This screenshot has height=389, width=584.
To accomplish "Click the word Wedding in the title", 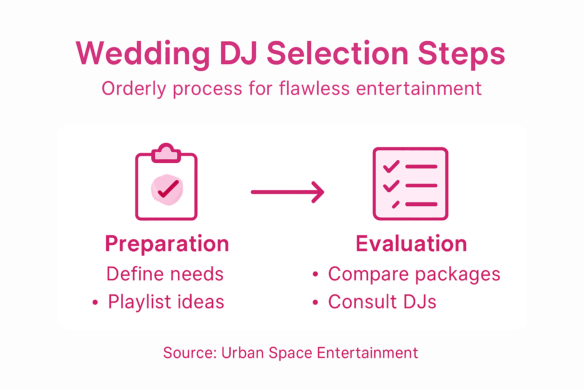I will [x=143, y=54].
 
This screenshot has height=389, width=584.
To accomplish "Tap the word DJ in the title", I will [x=238, y=54].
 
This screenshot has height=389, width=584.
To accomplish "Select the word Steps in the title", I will [x=461, y=54].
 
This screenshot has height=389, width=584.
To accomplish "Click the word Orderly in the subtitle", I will [x=134, y=89].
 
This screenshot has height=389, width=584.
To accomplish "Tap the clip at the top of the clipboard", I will [x=166, y=153].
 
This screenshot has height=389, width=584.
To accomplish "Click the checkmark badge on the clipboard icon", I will [x=167, y=189].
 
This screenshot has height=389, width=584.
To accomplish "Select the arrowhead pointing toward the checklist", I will [x=318, y=192].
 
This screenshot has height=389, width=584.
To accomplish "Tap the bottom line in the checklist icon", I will [x=421, y=204].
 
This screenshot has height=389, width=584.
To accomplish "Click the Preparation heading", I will [x=167, y=244].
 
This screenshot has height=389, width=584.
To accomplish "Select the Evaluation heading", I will [x=411, y=244].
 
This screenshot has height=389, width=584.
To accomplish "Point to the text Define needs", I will [x=165, y=274].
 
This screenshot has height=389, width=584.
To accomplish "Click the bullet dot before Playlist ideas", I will [x=95, y=303].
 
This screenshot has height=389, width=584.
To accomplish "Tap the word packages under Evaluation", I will [x=457, y=274].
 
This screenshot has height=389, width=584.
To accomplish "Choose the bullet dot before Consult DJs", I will [x=315, y=303].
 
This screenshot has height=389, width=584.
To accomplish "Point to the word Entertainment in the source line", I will [x=367, y=353].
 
